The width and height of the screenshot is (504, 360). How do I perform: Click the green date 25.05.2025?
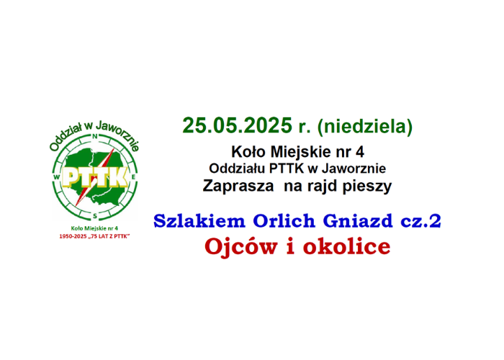click(x=237, y=125)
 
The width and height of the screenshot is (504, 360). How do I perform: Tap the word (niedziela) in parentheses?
click(x=364, y=126)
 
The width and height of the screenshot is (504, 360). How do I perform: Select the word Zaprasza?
click(x=238, y=186)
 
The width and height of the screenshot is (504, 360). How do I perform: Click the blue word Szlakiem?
click(x=199, y=221)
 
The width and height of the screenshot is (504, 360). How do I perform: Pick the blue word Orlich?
click(x=284, y=221)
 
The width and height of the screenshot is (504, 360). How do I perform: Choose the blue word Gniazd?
click(x=357, y=221)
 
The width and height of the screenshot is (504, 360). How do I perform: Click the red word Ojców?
click(x=241, y=247)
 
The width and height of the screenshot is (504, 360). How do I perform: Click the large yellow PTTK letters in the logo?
click(x=94, y=177)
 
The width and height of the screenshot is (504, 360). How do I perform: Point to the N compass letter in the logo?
click(x=95, y=136)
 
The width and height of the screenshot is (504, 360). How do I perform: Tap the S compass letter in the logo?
click(x=95, y=216)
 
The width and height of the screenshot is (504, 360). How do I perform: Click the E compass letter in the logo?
click(x=133, y=177)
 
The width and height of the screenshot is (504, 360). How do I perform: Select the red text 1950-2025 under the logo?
click(x=73, y=237)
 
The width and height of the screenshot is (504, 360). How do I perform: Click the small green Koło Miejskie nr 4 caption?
click(x=94, y=228)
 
